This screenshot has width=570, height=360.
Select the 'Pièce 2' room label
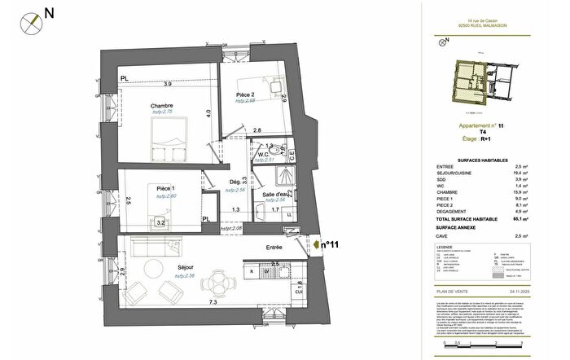pyautogui.click(x=247, y=95)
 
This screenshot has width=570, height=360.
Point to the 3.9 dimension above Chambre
pyautogui.click(x=166, y=84)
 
